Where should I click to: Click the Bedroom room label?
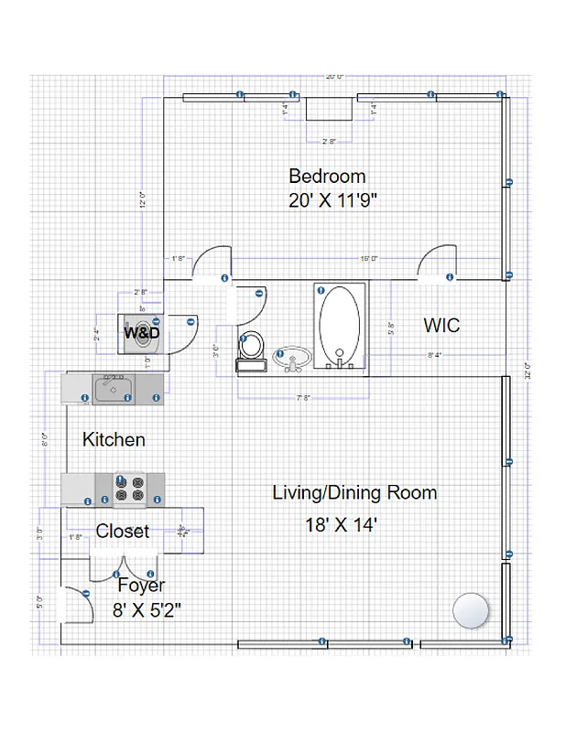tap(327, 176)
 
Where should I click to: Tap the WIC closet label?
tap(441, 325)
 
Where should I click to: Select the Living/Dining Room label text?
tap(354, 492)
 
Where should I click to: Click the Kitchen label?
tap(114, 439)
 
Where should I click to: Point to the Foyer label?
tap(141, 585)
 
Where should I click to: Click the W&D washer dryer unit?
tap(143, 332)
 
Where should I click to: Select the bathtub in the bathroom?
tap(340, 327)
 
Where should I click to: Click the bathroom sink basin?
tap(292, 355)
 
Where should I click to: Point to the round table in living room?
tap(472, 610)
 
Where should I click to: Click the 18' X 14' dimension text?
tap(342, 525)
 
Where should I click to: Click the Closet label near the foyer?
tap(122, 532)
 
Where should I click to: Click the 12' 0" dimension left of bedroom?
tap(141, 200)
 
